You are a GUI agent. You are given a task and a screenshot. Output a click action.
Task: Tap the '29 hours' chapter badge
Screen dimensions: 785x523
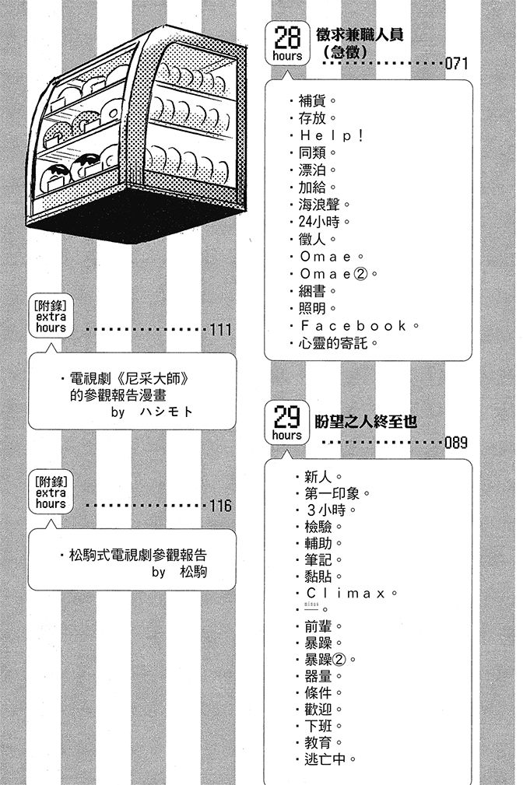[287, 424]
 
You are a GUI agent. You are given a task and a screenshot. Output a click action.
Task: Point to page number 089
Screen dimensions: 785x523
[456, 444]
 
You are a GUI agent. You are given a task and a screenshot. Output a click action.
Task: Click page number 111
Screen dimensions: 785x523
[220, 330]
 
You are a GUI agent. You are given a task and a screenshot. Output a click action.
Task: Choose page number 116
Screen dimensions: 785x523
[220, 506]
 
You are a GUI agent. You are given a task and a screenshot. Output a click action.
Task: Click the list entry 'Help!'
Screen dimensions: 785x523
[332, 135]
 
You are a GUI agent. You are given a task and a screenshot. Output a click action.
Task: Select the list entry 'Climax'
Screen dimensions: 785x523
[346, 594]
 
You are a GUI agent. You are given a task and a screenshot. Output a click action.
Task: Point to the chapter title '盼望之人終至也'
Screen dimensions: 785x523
[366, 422]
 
